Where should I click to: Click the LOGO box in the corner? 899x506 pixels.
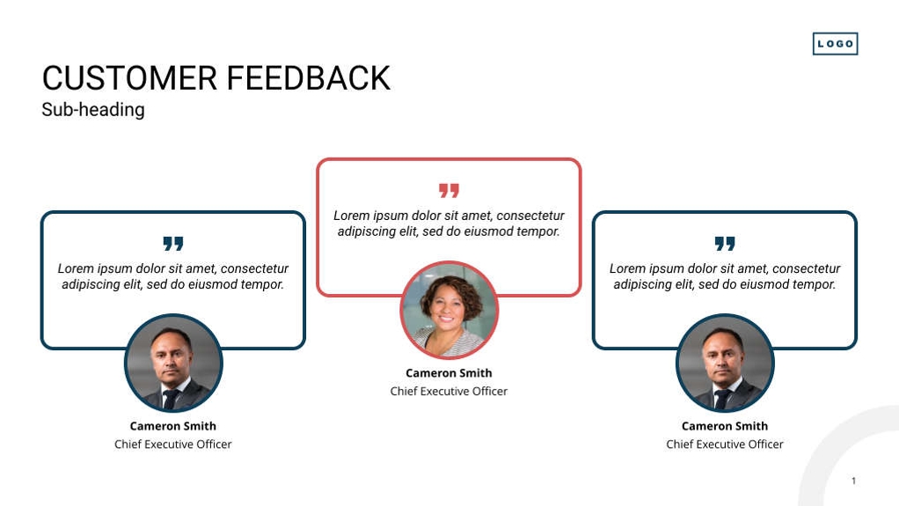tap(835, 44)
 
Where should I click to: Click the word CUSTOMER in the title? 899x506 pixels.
tap(129, 78)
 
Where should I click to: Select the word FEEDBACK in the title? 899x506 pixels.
tap(309, 78)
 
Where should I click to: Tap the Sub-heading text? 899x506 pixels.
tap(93, 110)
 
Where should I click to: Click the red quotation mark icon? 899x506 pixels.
tap(449, 190)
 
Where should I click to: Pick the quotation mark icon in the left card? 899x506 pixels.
tap(173, 244)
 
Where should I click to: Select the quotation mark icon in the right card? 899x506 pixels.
tap(725, 244)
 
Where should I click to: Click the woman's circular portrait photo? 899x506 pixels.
tap(449, 311)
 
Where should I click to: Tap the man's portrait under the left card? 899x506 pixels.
tap(173, 363)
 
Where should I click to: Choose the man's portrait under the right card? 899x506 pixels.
tap(725, 363)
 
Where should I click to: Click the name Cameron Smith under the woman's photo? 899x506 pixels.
tap(449, 373)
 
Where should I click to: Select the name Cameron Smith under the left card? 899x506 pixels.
tap(173, 426)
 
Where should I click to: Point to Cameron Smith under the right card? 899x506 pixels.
tap(725, 426)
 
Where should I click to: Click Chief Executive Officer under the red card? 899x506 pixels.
tap(449, 392)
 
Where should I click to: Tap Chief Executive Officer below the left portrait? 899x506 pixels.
tap(173, 444)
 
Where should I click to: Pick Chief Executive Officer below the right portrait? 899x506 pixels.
tap(725, 444)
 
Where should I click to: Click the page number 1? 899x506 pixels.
tap(854, 480)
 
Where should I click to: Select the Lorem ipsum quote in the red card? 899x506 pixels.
tap(449, 224)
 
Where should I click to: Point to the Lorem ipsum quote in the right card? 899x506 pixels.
tap(725, 276)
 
